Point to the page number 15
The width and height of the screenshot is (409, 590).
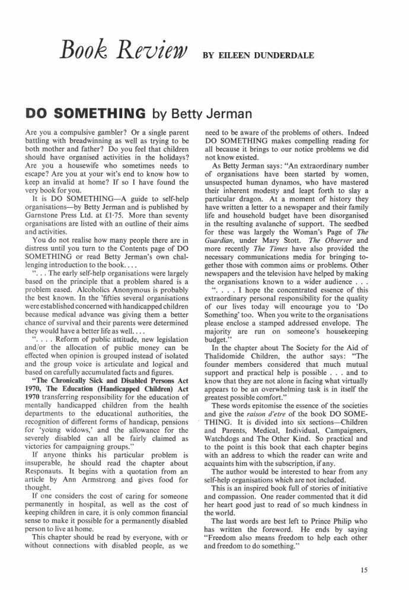click(364, 570)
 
